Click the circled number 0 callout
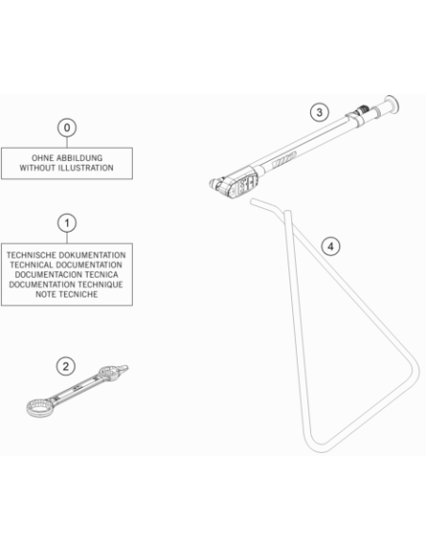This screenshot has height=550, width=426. pos(67,128)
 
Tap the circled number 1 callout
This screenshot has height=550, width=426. pos(67,223)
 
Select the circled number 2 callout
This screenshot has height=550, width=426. pos(66,366)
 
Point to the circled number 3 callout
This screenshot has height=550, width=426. pos(319,113)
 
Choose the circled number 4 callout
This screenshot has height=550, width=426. pos(331,247)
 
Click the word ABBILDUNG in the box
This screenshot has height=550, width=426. pos(80,158)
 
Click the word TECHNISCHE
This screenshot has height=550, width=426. pos(31,255)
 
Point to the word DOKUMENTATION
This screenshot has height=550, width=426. pos(92,255)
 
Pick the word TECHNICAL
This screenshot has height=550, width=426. pos(32,265)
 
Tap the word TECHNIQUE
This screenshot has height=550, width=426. pos(100,284)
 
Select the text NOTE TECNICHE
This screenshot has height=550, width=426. pos(67,294)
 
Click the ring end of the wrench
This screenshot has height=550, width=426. pos(40,408)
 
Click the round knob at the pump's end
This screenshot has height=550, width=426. pos(392,105)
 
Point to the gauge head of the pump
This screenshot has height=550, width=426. pos(235,183)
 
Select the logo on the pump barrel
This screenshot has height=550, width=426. pos(285,159)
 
